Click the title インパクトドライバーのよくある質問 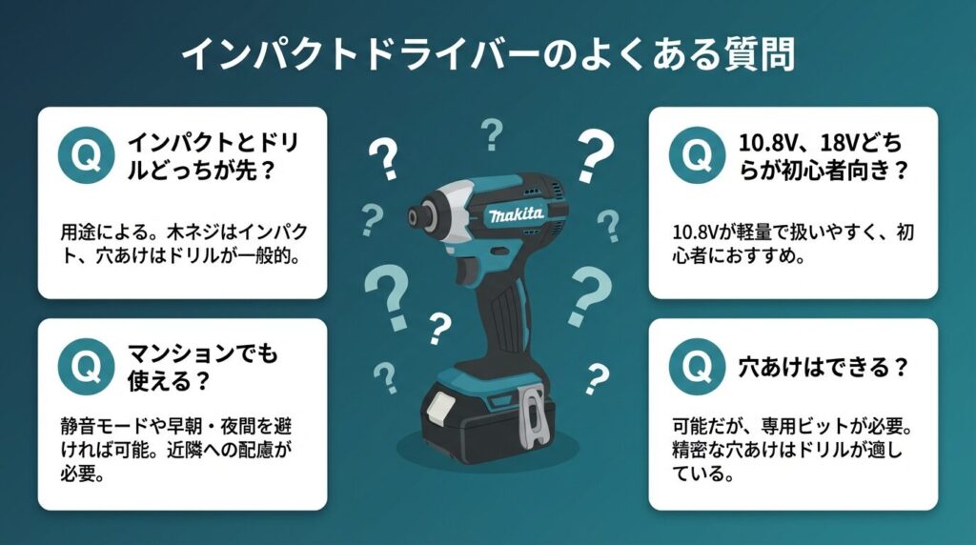[488, 54]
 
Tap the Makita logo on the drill [516, 214]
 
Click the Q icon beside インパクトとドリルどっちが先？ [86, 155]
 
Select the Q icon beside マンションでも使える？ [86, 367]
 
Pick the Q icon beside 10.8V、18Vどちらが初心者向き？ [697, 155]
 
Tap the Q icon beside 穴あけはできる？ [697, 367]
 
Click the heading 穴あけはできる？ [823, 367]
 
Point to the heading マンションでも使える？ [202, 367]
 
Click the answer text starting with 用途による [184, 243]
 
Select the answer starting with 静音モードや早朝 [176, 449]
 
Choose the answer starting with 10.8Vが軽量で [793, 243]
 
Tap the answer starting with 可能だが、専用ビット [792, 449]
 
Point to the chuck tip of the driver [414, 217]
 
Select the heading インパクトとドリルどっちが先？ [213, 155]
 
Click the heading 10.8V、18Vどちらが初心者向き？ [823, 155]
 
